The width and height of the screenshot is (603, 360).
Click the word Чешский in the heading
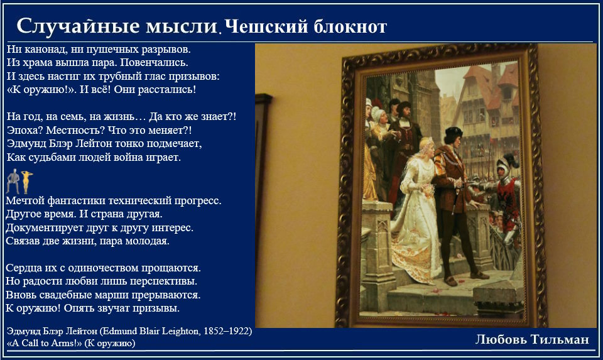266,27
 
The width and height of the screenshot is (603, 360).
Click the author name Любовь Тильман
532,339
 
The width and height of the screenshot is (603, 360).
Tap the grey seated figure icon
13,181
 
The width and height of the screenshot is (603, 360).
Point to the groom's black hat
454,133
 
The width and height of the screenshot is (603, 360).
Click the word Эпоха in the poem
25,131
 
